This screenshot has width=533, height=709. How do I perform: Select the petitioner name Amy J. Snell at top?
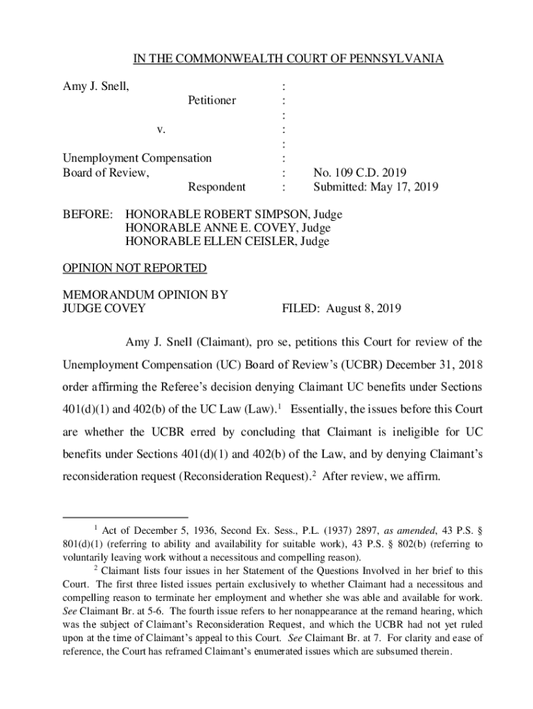(94, 87)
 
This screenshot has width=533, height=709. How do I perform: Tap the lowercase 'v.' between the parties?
(161, 129)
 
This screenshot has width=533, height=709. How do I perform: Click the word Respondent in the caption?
(217, 187)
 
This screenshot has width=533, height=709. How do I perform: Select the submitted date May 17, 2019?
(403, 187)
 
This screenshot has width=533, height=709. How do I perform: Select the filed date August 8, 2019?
(369, 308)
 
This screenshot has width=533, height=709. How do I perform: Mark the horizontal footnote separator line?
(125, 517)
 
